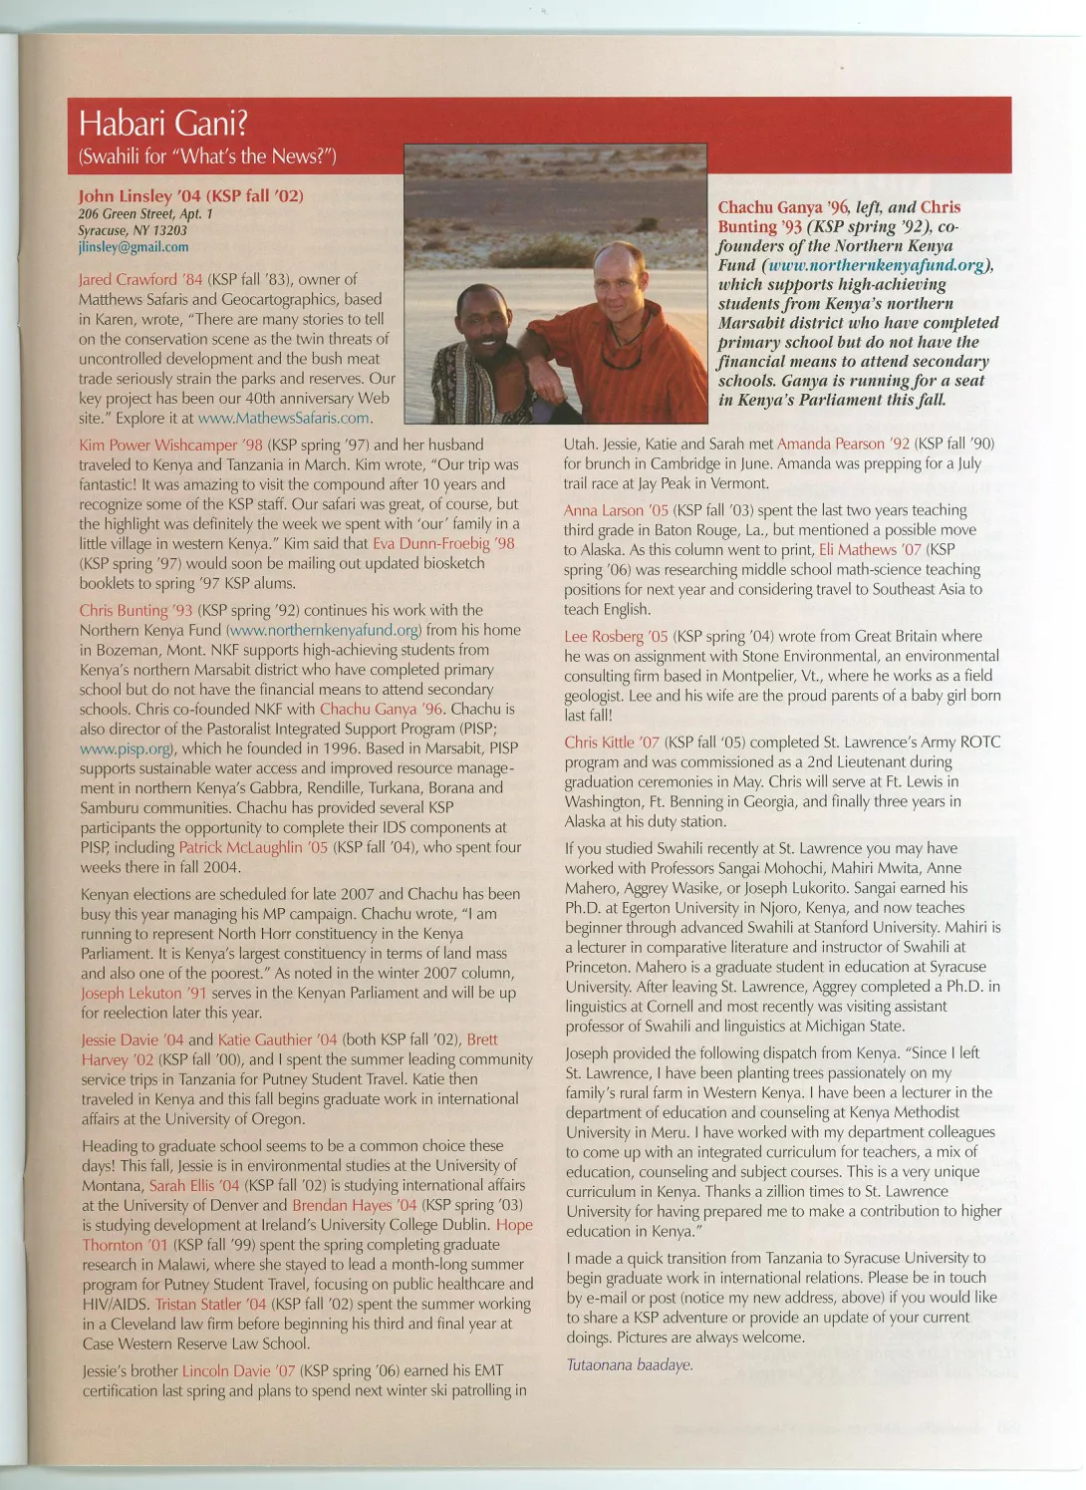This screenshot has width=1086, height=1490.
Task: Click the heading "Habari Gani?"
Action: point(163,124)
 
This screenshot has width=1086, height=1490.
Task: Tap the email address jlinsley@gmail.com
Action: point(134,247)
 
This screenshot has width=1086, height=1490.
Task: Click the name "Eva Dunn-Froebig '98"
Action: point(443,544)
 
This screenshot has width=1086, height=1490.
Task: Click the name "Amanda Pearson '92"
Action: point(843,445)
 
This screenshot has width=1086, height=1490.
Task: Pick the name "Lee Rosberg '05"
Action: point(616,637)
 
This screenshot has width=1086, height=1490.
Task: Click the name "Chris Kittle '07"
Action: point(612,743)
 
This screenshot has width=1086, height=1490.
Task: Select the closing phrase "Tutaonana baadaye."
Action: point(630,1364)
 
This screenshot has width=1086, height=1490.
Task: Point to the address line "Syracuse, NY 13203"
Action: point(133,230)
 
